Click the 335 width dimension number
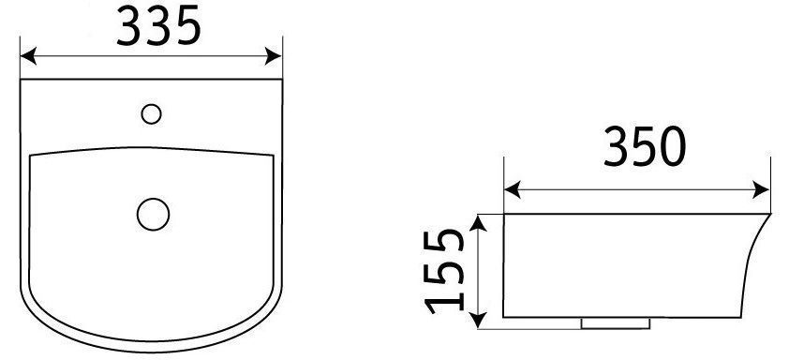[158, 25]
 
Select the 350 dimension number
[645, 146]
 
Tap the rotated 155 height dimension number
[444, 271]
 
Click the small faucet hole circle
[151, 113]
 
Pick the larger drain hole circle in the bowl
[153, 214]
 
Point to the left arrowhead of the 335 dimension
[28, 56]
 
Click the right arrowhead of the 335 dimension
[274, 56]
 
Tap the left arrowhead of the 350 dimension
[513, 190]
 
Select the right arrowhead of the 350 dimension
[761, 190]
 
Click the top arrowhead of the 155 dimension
[478, 222]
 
